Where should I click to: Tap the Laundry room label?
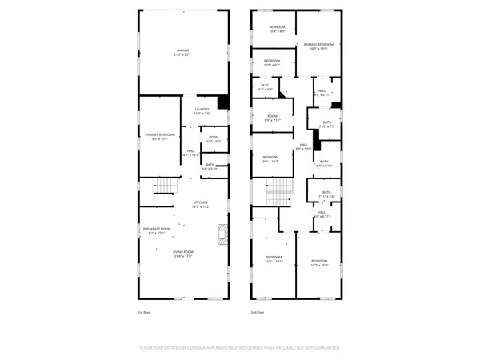pos(202,112)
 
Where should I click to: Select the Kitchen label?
pos(201,205)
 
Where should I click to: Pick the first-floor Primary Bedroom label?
pos(160,136)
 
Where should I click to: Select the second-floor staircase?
pos(277,190)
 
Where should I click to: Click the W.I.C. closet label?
pos(266,87)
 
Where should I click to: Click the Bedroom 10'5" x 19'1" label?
pos(274,259)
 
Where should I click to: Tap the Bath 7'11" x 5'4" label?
pos(326,194)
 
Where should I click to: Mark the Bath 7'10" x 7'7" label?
pos(326,125)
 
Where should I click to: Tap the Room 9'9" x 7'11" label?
pos(272,119)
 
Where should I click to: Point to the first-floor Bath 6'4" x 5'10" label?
pos(210,167)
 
